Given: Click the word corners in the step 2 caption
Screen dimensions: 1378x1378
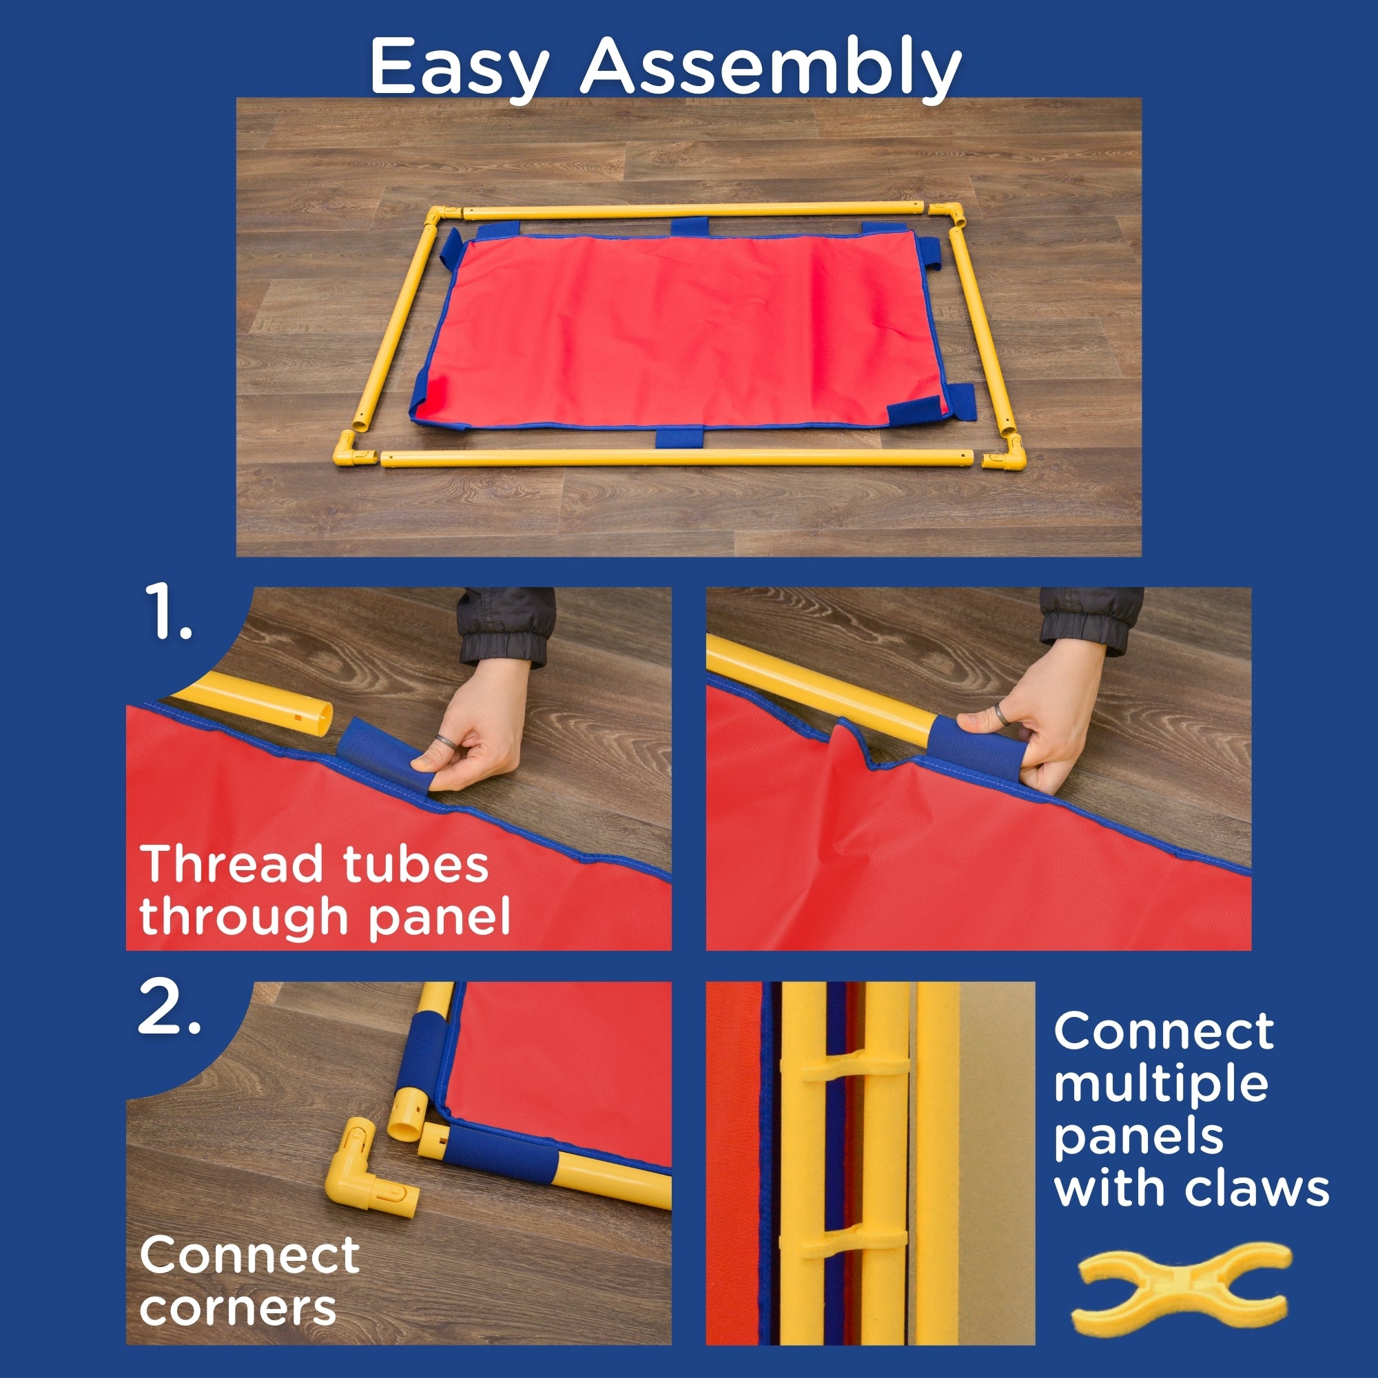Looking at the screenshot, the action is tap(238, 1308).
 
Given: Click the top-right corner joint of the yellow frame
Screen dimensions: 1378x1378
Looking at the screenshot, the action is tap(947, 214).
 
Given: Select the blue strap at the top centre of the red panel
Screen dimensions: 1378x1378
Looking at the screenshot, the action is tap(689, 227).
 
